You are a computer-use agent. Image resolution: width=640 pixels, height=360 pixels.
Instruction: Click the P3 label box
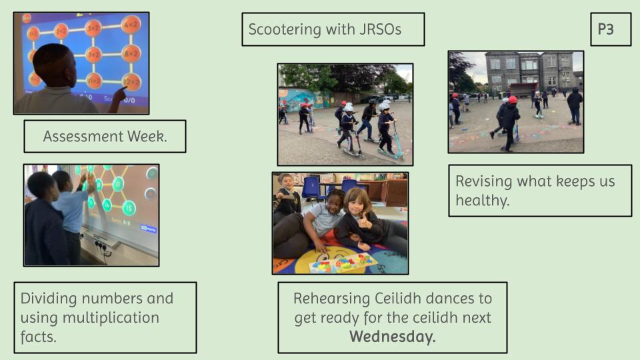611,29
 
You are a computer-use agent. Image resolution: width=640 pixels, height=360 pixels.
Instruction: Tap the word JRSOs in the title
381,29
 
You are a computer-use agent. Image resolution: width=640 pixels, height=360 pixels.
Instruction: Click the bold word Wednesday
393,337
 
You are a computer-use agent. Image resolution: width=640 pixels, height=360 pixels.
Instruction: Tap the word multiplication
111,318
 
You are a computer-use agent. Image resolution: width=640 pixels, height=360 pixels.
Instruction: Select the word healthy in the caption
483,201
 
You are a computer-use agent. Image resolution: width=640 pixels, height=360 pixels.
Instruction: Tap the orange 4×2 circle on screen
131,25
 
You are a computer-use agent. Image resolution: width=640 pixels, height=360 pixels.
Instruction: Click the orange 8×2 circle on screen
131,53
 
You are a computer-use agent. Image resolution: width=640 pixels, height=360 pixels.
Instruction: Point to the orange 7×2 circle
93,55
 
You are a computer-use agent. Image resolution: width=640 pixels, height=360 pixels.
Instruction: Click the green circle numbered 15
129,209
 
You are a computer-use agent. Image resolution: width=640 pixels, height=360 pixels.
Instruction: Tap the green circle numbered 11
119,184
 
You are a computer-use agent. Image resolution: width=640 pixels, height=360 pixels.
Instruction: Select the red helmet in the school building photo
513,99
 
